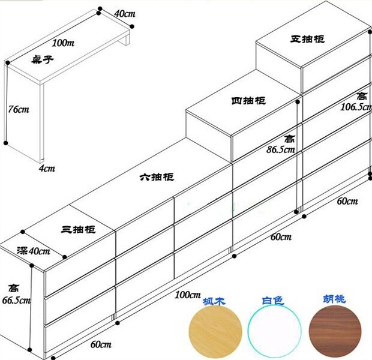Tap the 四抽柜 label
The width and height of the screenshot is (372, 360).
coord(248,101)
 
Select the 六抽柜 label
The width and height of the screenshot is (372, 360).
coord(157,178)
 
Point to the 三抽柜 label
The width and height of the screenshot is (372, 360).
coord(78,229)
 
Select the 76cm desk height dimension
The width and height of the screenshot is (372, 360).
coord(18,109)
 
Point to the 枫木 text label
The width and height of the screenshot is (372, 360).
coord(214,301)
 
